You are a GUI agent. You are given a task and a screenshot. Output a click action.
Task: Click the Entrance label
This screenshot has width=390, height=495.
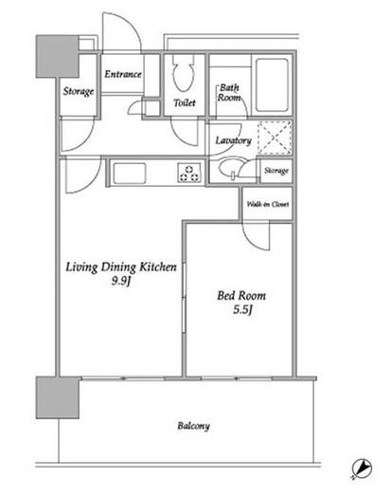pyautogui.click(x=123, y=74)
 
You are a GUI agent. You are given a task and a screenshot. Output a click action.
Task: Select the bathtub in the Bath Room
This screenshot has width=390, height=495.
pyautogui.click(x=272, y=84)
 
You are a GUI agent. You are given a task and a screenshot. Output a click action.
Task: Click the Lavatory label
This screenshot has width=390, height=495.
pyautogui.click(x=233, y=140)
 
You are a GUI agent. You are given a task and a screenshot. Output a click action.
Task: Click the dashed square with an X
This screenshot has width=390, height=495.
pyautogui.click(x=275, y=137)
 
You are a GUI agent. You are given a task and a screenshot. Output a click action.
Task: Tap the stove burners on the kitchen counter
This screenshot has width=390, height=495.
pyautogui.click(x=189, y=173)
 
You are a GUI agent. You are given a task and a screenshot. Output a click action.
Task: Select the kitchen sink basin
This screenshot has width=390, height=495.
pyautogui.click(x=130, y=173)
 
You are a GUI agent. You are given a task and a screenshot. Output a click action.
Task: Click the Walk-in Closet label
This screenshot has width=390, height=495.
pyautogui.click(x=268, y=204)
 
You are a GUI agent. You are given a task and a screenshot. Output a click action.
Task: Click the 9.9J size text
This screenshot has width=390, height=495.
pyautogui.click(x=121, y=281)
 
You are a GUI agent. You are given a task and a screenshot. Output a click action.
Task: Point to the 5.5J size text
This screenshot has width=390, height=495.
pyautogui.click(x=242, y=310)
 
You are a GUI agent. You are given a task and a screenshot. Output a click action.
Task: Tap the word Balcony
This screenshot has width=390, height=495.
pyautogui.click(x=193, y=426)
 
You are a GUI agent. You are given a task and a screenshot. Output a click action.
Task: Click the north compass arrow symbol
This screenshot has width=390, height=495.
pyautogui.click(x=362, y=468)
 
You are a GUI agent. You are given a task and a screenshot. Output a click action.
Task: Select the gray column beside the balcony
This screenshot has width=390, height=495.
pyautogui.click(x=57, y=397)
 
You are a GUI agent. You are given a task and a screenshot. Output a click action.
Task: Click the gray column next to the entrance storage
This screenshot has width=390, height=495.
pyautogui.click(x=57, y=56)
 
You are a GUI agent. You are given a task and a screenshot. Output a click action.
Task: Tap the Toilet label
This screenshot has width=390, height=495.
pyautogui.click(x=185, y=102)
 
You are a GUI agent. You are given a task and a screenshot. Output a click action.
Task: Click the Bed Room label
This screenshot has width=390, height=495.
pyautogui.click(x=241, y=296)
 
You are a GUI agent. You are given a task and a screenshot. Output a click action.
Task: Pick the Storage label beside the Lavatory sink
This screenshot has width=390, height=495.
pyautogui.click(x=276, y=171)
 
